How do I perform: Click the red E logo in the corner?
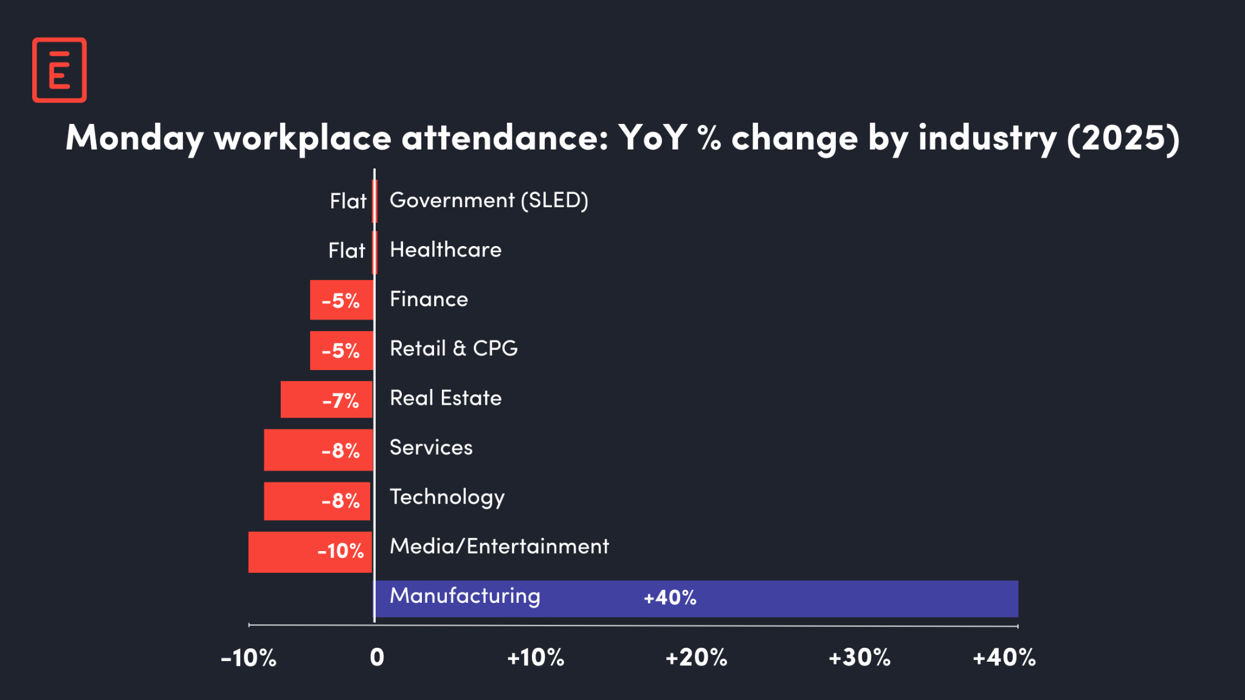[59, 70]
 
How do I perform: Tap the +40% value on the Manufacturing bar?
[670, 598]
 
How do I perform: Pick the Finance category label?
[429, 299]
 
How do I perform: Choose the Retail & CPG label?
[454, 348]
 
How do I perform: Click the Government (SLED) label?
[489, 200]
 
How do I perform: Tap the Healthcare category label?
[446, 250]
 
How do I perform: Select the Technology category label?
[447, 497]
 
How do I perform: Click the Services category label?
[431, 448]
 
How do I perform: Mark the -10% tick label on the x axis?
[248, 657]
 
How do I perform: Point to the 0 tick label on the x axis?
[377, 657]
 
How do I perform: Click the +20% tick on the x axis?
[696, 657]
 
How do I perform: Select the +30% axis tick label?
[859, 657]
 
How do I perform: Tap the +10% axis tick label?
[536, 657]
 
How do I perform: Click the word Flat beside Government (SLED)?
[348, 201]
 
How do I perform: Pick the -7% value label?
[340, 401]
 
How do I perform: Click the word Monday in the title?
[134, 138]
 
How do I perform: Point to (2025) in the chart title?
[1123, 138]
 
